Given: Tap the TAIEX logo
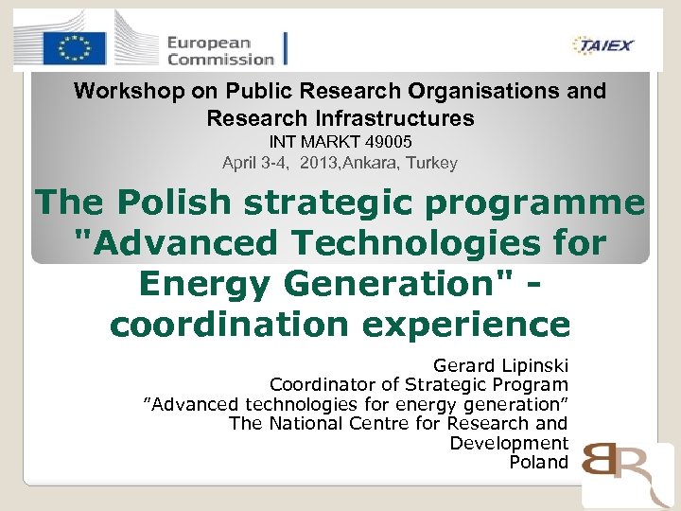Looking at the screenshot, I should pyautogui.click(x=602, y=44).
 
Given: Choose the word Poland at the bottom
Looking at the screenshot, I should pyautogui.click(x=538, y=463).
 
